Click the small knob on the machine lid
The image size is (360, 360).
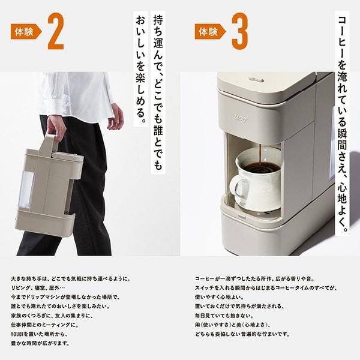256,77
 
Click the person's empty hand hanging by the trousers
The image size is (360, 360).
115,116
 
